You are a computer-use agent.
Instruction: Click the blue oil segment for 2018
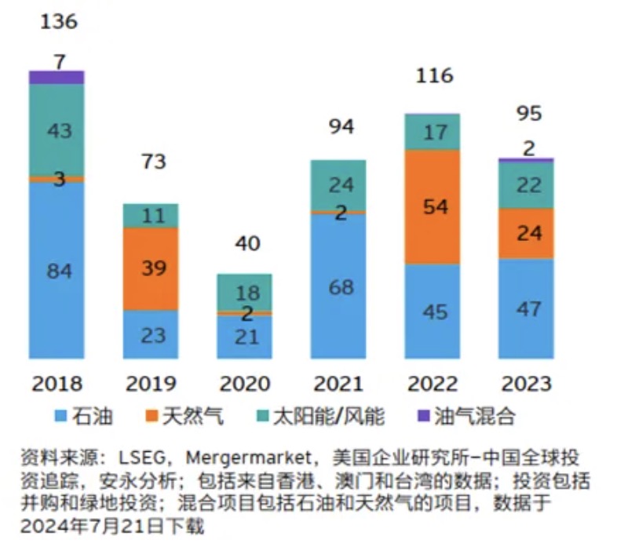coord(57,271)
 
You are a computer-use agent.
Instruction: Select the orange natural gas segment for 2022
coord(433,206)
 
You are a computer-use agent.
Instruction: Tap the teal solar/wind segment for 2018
coord(57,130)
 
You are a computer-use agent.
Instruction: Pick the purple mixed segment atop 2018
coord(57,76)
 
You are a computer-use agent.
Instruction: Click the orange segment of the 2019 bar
coord(151,268)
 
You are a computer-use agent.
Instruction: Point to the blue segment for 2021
coord(338,286)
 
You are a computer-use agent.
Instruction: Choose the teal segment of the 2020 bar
coord(244,292)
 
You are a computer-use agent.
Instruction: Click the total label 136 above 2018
coord(60,21)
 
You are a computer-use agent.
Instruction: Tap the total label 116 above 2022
coord(435,76)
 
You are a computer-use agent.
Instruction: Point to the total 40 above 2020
coord(247,245)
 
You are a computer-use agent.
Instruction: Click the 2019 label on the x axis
coord(151,383)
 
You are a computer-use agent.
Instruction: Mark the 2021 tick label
coord(338,383)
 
